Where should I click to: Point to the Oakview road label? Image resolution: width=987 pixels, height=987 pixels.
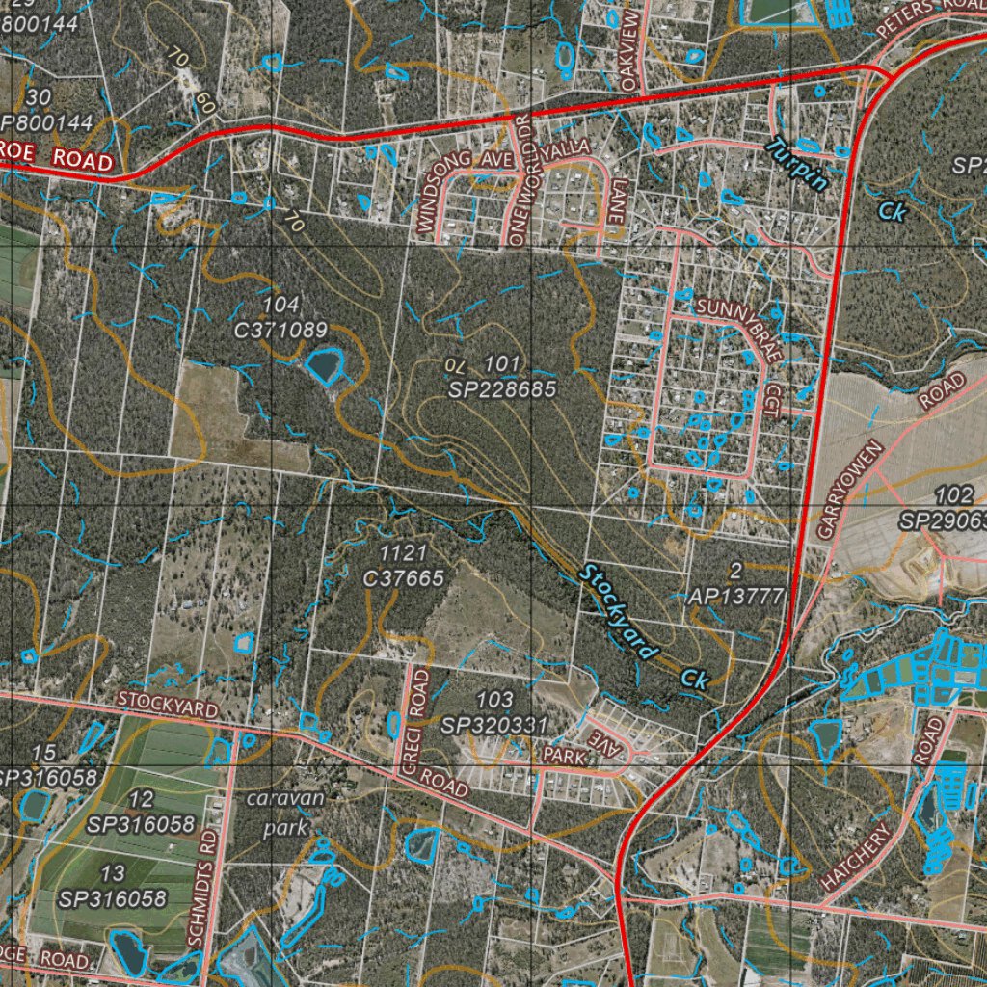(x=631, y=51)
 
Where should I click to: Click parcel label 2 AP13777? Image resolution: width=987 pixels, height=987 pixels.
(x=736, y=584)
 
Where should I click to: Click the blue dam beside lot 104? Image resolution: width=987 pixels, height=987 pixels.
(x=324, y=365)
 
